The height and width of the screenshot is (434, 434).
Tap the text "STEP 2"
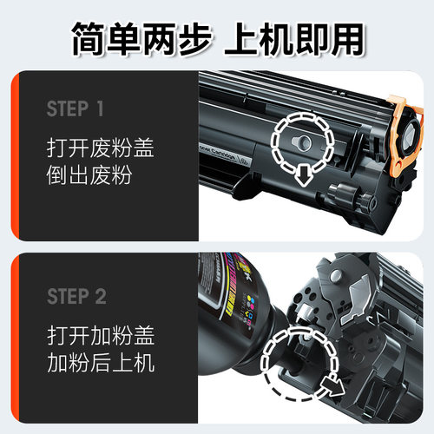coord(76,297)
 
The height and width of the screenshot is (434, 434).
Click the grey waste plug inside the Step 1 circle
coord(301,140)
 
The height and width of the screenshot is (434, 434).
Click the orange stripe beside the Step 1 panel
coord(13,156)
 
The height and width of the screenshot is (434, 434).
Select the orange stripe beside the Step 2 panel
coord(13,342)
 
